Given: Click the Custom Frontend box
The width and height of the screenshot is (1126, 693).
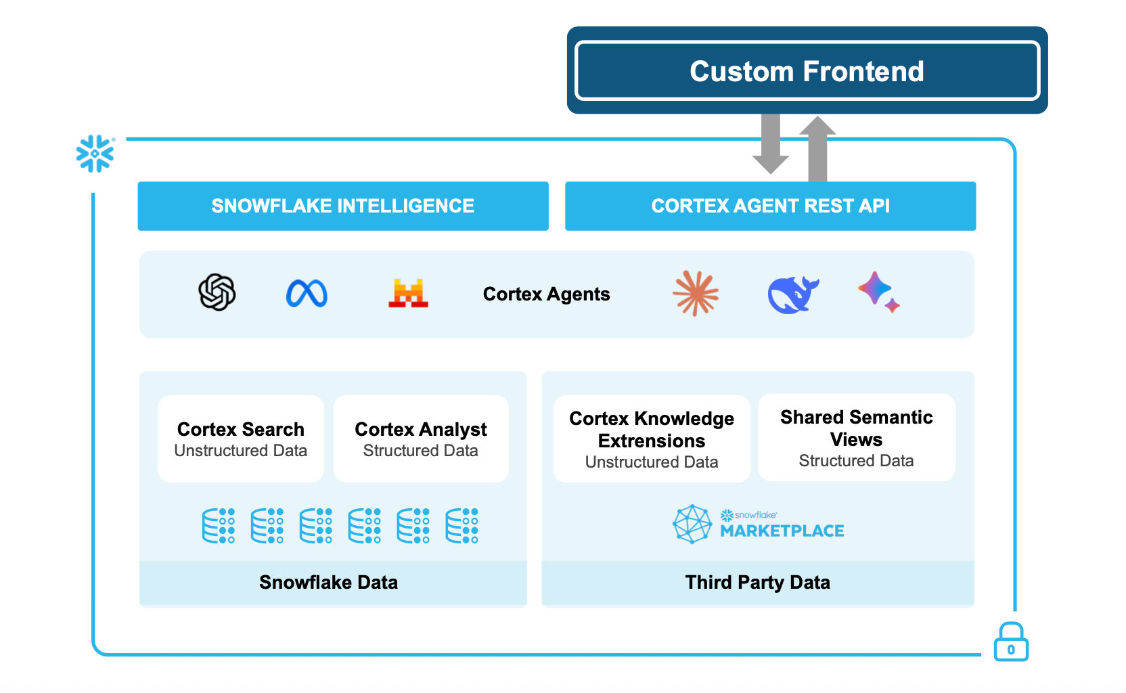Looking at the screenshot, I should point(807,70).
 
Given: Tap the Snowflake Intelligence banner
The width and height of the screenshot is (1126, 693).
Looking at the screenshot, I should point(343,206).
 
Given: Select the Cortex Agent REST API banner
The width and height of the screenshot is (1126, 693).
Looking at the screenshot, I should point(770,206).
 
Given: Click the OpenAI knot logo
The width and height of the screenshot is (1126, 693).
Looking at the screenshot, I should point(217,292).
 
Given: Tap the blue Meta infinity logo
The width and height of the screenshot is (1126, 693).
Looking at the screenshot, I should point(307,294).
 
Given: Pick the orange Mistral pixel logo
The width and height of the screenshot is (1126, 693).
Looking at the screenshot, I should point(408,293).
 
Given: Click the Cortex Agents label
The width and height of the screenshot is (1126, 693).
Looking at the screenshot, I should point(546,294).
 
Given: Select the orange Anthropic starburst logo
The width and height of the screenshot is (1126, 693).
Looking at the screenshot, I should point(696,294).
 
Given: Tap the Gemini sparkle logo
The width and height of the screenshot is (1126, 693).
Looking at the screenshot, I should point(878,292).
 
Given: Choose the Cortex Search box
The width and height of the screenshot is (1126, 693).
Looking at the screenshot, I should point(241,439).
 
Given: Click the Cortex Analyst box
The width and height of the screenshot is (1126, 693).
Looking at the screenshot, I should point(421,439).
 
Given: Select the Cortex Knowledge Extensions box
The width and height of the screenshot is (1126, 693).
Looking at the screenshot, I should point(652,439).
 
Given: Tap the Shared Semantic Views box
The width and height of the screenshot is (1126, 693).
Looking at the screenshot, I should point(856,438).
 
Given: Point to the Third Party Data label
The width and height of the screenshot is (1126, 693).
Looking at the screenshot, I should point(757,583).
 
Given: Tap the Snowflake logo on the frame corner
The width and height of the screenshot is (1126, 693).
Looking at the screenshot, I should point(95,154).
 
